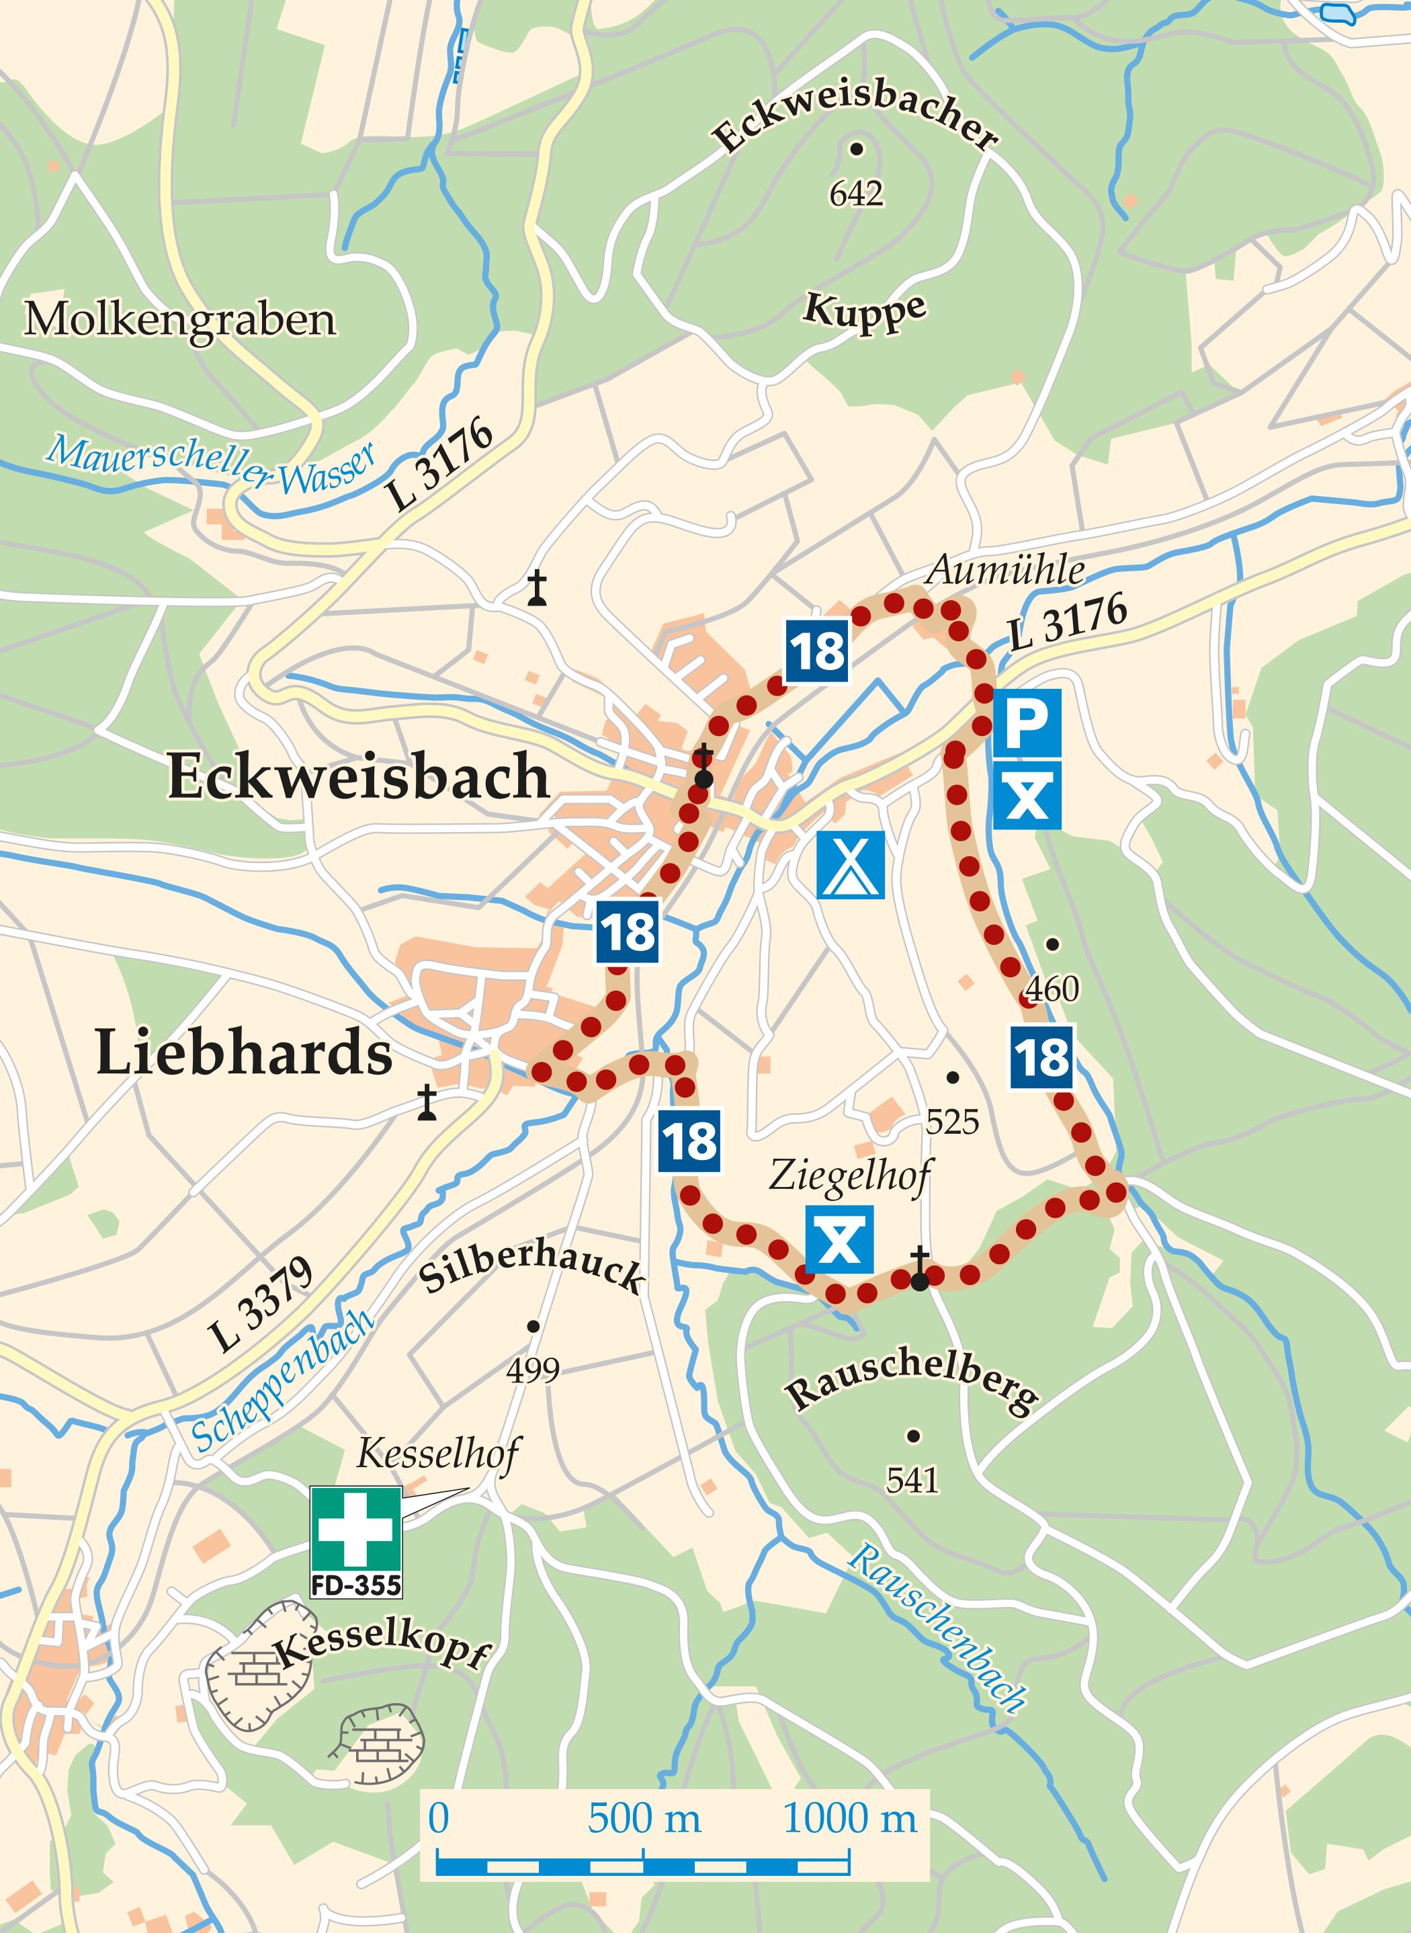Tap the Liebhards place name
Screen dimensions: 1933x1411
pos(245,1053)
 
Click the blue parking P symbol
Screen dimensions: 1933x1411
pos(1027,723)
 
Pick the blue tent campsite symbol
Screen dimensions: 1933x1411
pos(851,865)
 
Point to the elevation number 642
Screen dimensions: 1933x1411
pos(856,194)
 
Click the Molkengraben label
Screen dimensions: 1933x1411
pos(180,319)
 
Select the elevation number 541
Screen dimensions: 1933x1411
pos(912,1480)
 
